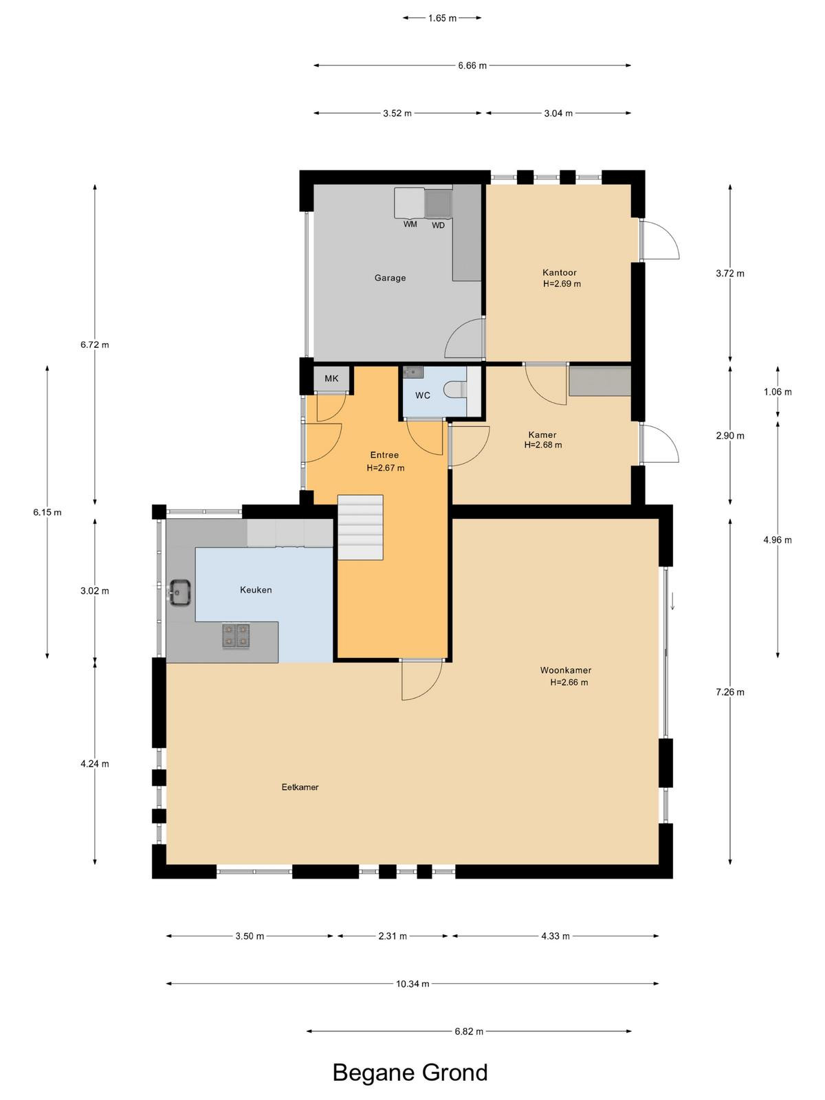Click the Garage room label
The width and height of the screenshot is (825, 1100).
pyautogui.click(x=390, y=278)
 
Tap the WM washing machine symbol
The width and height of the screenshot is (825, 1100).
pyautogui.click(x=409, y=203)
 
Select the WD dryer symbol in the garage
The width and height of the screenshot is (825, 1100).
pyautogui.click(x=439, y=203)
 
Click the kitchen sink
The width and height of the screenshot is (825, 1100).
pyautogui.click(x=180, y=593)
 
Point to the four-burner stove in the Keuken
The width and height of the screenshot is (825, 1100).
pyautogui.click(x=236, y=635)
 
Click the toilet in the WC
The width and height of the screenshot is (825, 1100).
pyautogui.click(x=455, y=389)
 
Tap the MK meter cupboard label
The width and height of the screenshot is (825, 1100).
pyautogui.click(x=331, y=378)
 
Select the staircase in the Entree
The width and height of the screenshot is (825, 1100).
pyautogui.click(x=360, y=527)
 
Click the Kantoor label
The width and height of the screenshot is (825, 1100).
pyautogui.click(x=559, y=273)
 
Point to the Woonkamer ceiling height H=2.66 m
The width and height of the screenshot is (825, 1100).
pyautogui.click(x=569, y=682)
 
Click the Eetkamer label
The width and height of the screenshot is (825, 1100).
pyautogui.click(x=300, y=787)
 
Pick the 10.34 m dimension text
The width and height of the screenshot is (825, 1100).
pyautogui.click(x=412, y=984)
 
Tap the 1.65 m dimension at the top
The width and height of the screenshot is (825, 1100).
pyautogui.click(x=442, y=18)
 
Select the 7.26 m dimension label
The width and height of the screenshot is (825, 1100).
pyautogui.click(x=730, y=692)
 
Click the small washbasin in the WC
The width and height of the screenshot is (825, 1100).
pyautogui.click(x=414, y=373)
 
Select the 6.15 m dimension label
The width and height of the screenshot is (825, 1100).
pyautogui.click(x=47, y=512)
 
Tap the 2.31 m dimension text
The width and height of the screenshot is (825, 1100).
pyautogui.click(x=393, y=936)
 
